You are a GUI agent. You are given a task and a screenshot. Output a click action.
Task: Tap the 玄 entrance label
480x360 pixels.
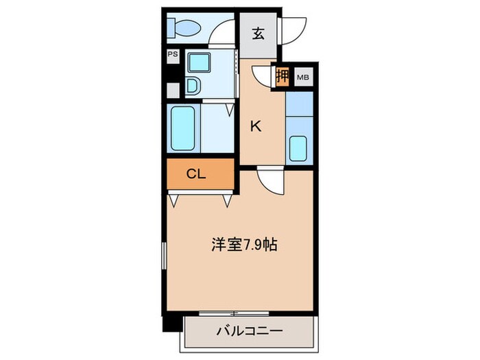257,34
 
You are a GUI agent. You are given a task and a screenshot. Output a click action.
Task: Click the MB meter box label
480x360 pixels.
302,77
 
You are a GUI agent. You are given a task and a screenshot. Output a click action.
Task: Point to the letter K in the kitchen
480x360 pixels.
254,125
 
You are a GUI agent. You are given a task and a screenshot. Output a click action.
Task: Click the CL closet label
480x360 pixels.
196,174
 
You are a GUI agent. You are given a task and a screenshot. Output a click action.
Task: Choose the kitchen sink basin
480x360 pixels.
298,149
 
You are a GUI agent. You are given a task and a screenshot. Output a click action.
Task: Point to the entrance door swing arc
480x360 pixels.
294,29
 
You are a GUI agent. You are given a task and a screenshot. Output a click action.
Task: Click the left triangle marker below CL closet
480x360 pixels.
175,200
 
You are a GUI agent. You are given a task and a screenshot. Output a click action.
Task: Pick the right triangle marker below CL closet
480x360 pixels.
227,200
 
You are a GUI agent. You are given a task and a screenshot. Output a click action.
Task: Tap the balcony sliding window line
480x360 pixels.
233,313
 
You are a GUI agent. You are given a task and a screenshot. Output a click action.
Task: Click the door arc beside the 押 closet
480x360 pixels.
263,75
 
